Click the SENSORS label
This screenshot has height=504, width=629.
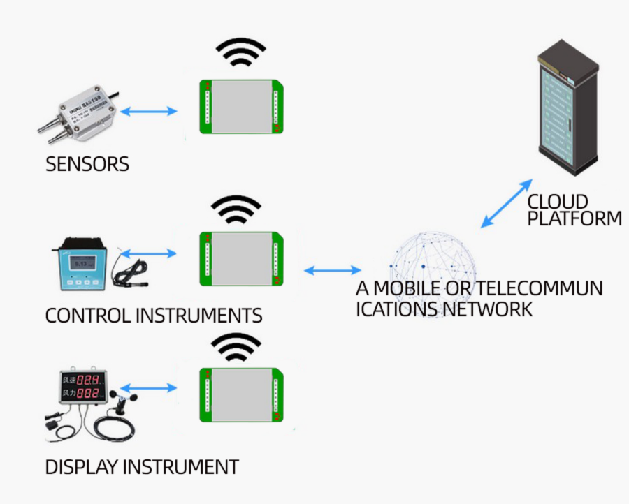tap(87, 164)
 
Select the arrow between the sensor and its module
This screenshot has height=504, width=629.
tap(148, 111)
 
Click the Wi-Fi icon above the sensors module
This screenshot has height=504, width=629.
tap(240, 53)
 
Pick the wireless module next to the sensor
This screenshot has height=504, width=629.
tap(242, 107)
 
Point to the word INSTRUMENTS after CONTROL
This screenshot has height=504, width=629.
tap(198, 316)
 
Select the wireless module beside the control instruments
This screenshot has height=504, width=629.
tap(242, 258)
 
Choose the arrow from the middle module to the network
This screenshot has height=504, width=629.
tap(333, 270)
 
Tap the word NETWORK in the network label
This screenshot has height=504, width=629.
tap(489, 309)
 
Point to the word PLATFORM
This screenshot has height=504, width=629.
tap(574, 218)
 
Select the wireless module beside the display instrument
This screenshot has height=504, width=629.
tap(241, 394)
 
